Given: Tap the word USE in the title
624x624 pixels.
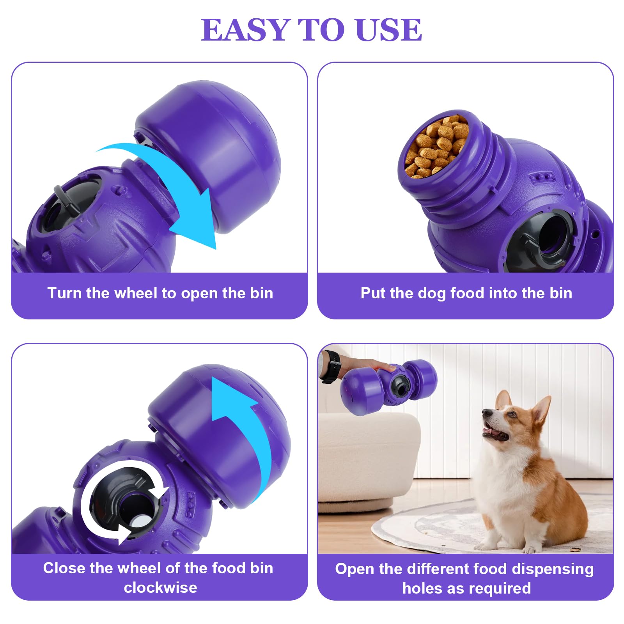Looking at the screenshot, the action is point(388,30).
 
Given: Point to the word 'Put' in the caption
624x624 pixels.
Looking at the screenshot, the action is point(373,293).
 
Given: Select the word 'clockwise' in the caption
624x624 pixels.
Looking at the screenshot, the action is point(160,588).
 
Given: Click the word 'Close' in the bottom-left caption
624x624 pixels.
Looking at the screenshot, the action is point(64,568).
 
